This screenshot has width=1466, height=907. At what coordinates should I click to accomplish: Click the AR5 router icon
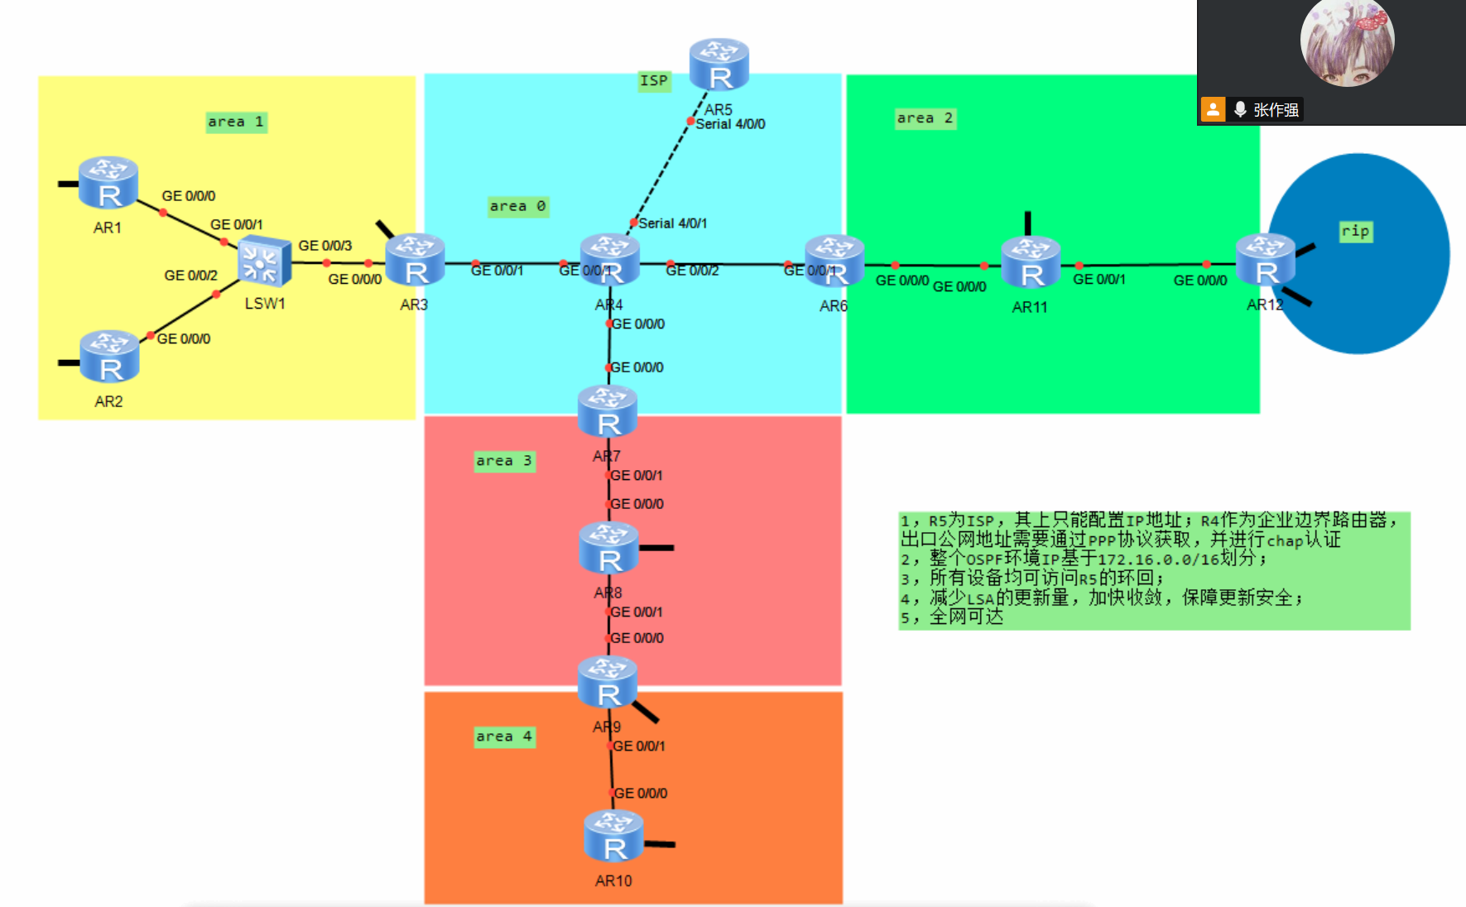coord(719,65)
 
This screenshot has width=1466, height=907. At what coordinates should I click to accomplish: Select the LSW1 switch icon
coord(264,262)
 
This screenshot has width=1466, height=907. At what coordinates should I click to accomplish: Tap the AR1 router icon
coord(108,183)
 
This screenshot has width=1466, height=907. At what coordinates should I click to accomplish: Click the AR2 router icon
coord(109,357)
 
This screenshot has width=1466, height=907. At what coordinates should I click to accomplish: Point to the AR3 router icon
coord(415,261)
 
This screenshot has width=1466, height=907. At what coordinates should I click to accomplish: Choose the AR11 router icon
coord(1031,263)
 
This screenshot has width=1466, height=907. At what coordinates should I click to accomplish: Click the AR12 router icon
coord(1265,261)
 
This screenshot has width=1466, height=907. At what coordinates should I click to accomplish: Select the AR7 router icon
coord(608,411)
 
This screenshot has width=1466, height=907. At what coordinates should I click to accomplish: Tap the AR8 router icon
coord(608,548)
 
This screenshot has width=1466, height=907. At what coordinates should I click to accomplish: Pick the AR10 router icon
coord(613,837)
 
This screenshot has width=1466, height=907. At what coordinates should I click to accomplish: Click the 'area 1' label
coord(236,122)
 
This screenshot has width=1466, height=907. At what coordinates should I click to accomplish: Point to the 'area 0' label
coord(517,206)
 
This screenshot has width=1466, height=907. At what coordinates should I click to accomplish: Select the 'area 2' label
coord(925,118)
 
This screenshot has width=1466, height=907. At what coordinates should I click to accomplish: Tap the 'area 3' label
coord(503,461)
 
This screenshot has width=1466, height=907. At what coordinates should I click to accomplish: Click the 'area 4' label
coord(503,737)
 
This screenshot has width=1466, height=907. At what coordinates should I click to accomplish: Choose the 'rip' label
coord(1355,231)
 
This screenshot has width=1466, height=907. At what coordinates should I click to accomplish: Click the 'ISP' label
coord(653,80)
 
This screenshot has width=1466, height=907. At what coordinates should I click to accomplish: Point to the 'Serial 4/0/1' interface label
coord(672,223)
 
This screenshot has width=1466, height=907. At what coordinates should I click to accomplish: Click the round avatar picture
coord(1347,41)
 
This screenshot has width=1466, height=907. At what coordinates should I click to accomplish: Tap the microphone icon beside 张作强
coord(1240,109)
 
